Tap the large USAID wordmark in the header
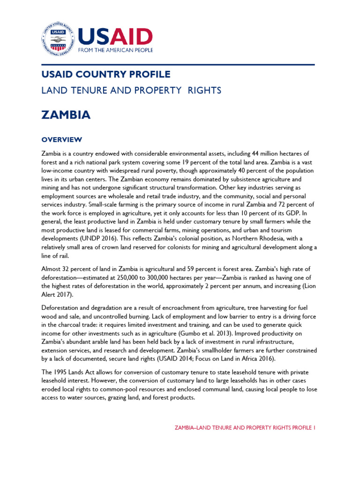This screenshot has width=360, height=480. [x=115, y=36]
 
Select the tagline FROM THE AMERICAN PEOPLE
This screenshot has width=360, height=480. [x=115, y=50]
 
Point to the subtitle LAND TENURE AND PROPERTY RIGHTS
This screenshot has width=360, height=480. [x=131, y=90]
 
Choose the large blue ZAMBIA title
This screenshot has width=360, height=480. [x=66, y=115]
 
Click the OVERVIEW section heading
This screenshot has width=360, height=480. [x=62, y=140]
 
